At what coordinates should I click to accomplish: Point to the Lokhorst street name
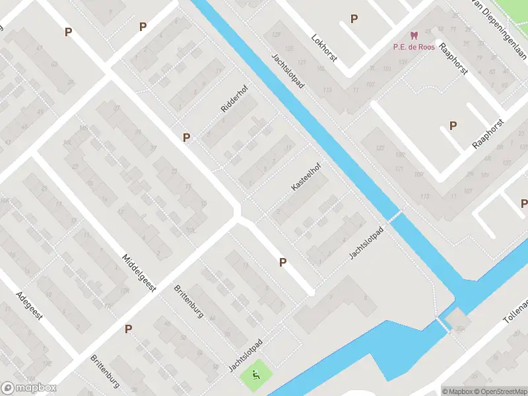click(x=324, y=48)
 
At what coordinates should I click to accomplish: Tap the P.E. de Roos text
click(x=413, y=46)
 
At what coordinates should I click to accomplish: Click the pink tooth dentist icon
click(x=414, y=35)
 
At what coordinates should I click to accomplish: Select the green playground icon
click(x=256, y=376)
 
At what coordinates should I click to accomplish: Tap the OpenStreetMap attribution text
click(x=498, y=391)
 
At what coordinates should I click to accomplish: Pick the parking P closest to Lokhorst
click(x=354, y=19)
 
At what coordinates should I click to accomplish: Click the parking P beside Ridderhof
click(x=187, y=137)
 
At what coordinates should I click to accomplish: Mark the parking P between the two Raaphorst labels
click(x=453, y=125)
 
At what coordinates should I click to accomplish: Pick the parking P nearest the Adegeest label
click(x=129, y=328)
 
